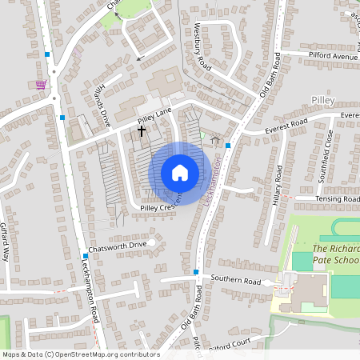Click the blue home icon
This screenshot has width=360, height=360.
point(179,173)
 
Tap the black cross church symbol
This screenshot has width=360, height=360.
point(142,130)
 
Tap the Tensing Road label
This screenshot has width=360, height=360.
point(338,198)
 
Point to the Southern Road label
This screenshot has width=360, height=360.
point(235,281)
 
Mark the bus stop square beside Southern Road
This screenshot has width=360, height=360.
point(195,272)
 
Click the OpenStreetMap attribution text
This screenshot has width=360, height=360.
point(80,354)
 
